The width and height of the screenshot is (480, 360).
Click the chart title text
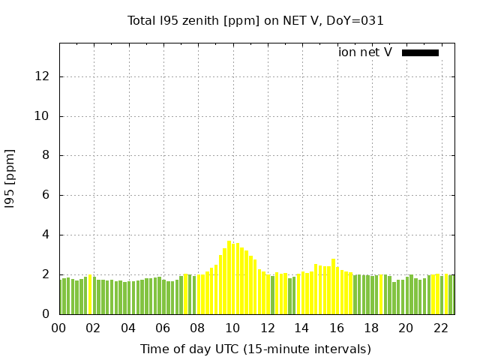point(256,21)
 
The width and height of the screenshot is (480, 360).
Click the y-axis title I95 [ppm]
point(10,178)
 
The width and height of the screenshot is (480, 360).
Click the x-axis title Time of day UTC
point(256,349)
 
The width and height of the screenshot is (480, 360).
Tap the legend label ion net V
point(365,52)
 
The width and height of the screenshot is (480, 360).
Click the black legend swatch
point(420,52)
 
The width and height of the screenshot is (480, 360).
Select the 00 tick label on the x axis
point(59,328)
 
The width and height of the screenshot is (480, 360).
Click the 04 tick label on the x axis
point(128,328)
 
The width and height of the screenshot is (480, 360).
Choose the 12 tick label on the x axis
point(267,328)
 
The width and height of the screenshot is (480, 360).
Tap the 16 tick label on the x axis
point(337,328)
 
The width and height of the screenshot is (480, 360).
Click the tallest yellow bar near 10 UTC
point(229,277)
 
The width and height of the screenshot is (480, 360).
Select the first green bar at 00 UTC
point(61,297)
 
